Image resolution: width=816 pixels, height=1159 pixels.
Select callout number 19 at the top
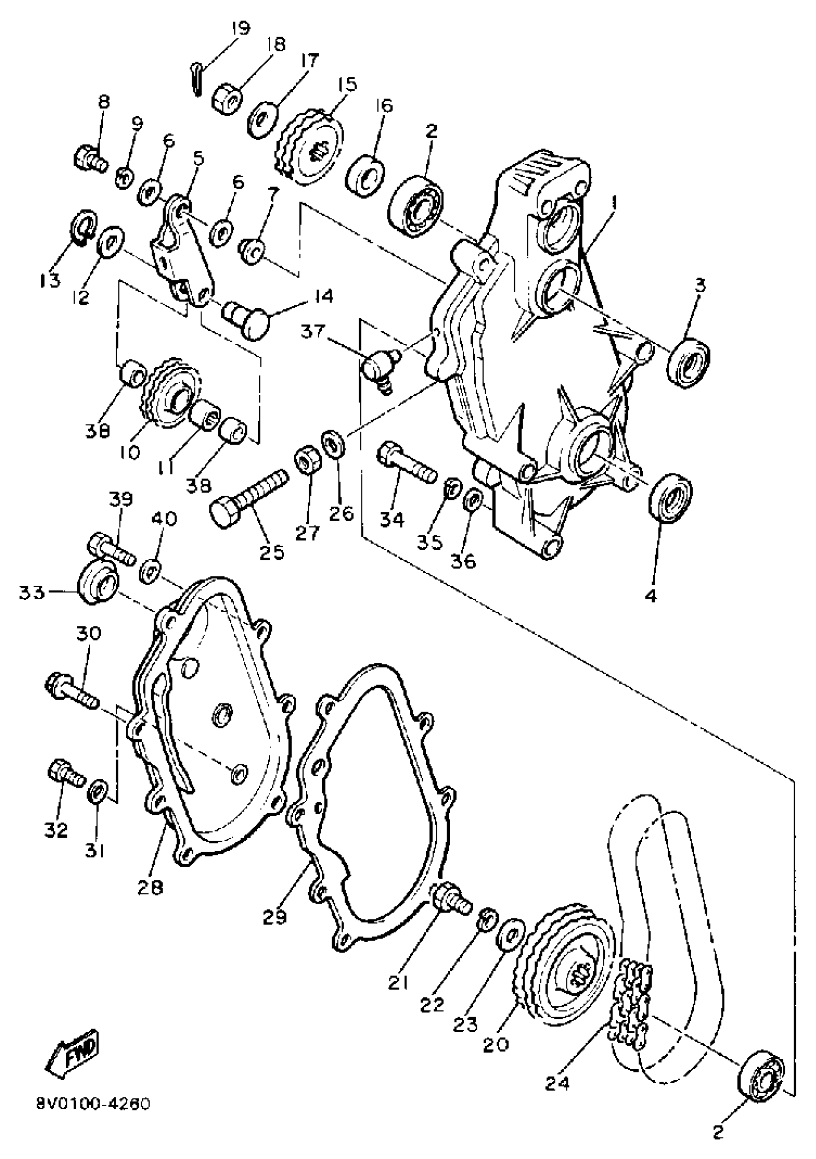click(240, 27)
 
